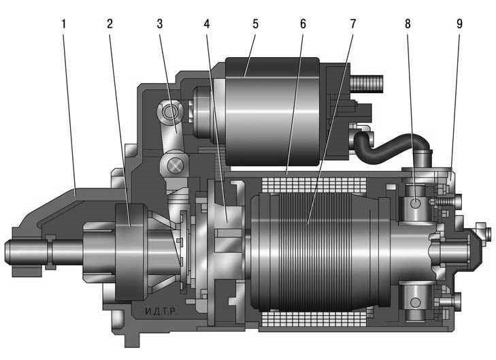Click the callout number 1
pyautogui.click(x=64, y=24)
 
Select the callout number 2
pyautogui.click(x=110, y=24)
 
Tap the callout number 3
pyautogui.click(x=160, y=24)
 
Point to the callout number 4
pyautogui.click(x=207, y=24)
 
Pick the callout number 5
pyautogui.click(x=255, y=24)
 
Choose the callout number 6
pyautogui.click(x=303, y=24)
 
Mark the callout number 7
pyautogui.click(x=353, y=24)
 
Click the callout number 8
pyautogui.click(x=408, y=24)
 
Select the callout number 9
pyautogui.click(x=460, y=24)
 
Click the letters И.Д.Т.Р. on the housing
pyautogui.click(x=161, y=312)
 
